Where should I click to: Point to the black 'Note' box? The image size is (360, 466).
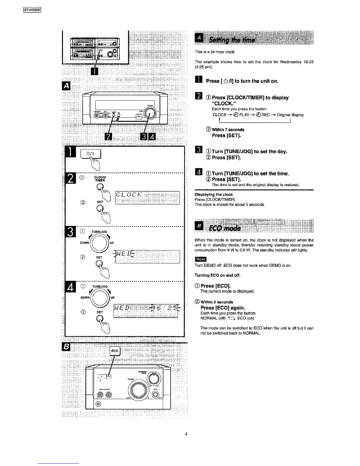[x=201, y=259]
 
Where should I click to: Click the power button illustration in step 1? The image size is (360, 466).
[x=90, y=154]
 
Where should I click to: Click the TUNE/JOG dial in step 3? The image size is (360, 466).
[x=100, y=243]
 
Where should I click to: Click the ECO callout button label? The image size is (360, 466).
[x=115, y=351]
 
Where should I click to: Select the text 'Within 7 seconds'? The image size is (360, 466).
[x=228, y=129]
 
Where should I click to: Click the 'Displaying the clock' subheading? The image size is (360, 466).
[x=214, y=194]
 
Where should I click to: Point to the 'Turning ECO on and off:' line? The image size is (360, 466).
[x=217, y=275]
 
